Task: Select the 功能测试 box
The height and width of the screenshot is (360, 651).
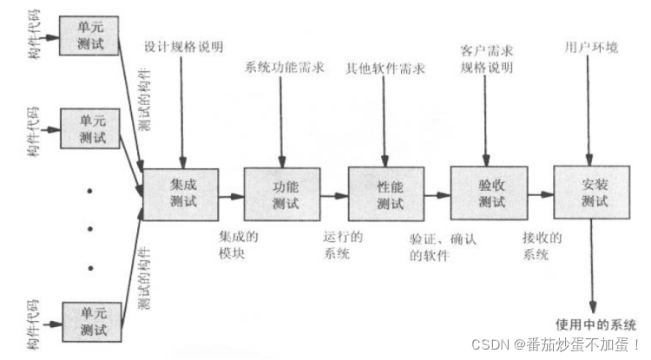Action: tap(284, 194)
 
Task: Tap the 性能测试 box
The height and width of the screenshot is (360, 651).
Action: tap(387, 194)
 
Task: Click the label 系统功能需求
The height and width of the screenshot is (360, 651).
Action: tap(286, 66)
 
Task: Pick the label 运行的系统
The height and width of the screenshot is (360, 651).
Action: tap(342, 245)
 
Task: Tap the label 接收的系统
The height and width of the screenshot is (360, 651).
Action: tap(542, 245)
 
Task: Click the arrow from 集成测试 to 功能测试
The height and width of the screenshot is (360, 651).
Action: tap(232, 196)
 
